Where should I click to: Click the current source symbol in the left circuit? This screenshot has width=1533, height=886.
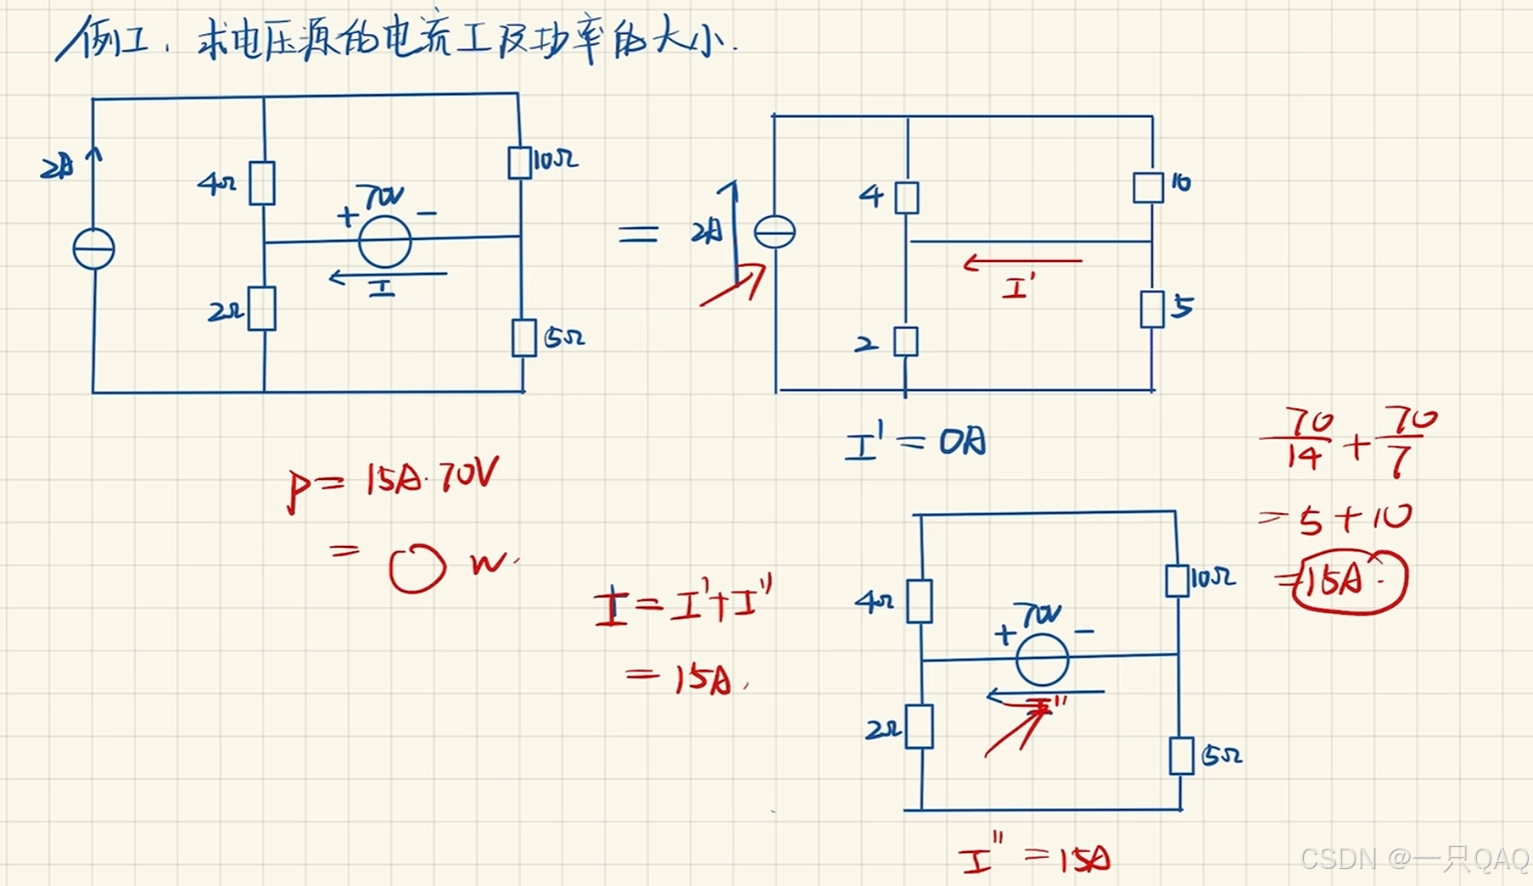click(93, 249)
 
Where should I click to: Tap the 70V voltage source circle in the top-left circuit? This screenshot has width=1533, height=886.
click(384, 242)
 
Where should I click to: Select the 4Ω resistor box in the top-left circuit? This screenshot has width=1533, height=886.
click(262, 183)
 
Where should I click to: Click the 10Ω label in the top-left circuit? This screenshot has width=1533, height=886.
click(556, 159)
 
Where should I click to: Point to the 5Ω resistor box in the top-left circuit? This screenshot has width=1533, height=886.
click(524, 337)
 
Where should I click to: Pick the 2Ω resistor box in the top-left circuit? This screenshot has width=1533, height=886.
click(262, 309)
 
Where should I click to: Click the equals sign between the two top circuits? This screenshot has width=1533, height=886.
click(638, 233)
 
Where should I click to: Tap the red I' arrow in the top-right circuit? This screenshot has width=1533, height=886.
click(1022, 263)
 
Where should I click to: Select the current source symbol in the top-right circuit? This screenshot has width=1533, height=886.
click(775, 231)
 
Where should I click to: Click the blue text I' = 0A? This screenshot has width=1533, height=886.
click(916, 443)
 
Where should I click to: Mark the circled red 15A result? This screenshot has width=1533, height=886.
click(1348, 581)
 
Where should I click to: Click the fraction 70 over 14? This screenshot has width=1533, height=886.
click(1305, 439)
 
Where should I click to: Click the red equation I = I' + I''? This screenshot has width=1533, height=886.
click(684, 605)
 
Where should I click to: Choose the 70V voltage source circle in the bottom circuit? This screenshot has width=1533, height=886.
click(1042, 659)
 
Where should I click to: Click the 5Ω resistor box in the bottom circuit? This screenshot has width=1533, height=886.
click(1181, 755)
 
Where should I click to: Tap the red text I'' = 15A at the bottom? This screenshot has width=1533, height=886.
click(1035, 858)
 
